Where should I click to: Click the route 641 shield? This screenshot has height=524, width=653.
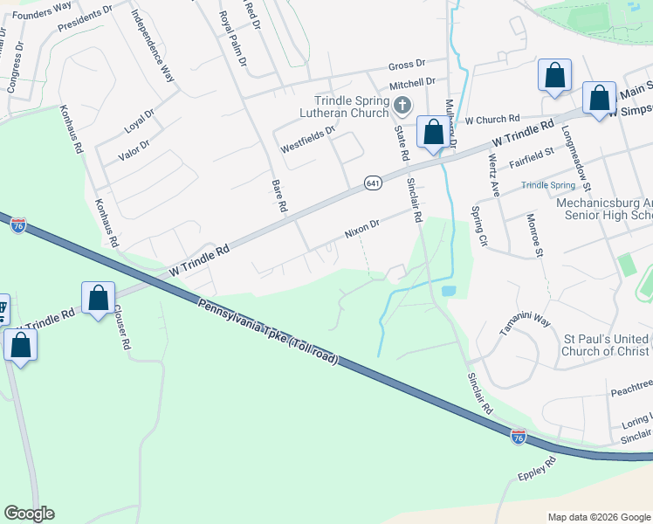[x=373, y=183]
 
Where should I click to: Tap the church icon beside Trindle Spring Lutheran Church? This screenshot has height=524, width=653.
[x=402, y=107]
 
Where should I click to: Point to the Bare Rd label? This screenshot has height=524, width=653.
[x=279, y=196]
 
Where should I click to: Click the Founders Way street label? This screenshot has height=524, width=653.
[x=43, y=10]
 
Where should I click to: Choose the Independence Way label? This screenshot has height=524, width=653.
[x=153, y=45]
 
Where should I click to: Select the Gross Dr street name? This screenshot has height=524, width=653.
[x=406, y=65]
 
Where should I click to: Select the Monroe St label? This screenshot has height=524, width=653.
[x=533, y=236]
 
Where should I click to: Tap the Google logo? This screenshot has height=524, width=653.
[x=29, y=514]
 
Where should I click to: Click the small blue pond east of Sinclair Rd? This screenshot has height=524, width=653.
[x=449, y=290]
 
